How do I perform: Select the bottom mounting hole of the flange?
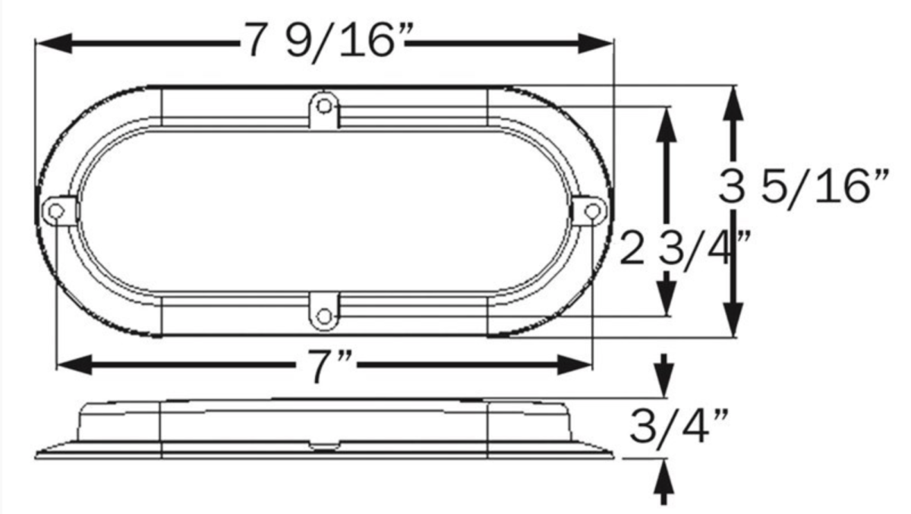click(x=325, y=315)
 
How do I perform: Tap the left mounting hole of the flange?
click(x=56, y=212)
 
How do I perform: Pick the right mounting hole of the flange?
click(x=594, y=212)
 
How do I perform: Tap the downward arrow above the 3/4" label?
click(x=665, y=377)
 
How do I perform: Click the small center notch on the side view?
click(x=325, y=446)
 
